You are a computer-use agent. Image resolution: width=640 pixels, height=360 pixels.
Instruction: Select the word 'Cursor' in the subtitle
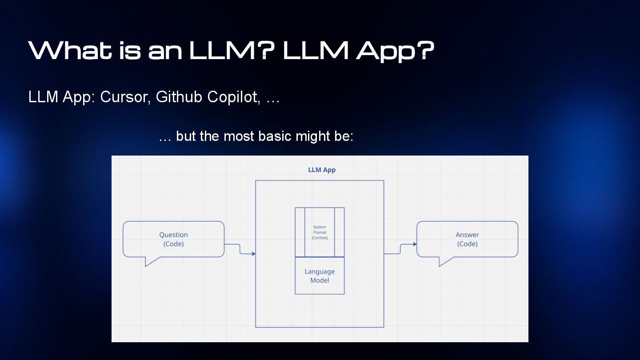pos(124,97)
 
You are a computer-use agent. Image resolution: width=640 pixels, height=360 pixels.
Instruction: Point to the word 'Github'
pos(179,97)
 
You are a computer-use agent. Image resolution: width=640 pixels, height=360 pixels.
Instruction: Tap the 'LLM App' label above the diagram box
pos(322,170)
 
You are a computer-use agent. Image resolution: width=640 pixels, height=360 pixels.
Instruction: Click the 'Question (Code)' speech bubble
pos(173,239)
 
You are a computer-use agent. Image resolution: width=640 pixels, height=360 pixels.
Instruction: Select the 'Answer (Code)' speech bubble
pos(467,239)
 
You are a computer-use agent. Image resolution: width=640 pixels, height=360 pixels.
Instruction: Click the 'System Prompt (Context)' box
pos(320,232)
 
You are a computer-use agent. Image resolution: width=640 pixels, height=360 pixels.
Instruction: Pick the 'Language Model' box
pos(320,276)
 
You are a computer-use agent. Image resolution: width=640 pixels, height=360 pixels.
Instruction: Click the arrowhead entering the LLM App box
pos(253,254)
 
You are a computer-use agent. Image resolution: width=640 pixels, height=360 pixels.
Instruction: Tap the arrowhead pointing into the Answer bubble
pos(415,244)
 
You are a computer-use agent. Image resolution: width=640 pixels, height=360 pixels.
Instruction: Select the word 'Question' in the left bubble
pos(173,235)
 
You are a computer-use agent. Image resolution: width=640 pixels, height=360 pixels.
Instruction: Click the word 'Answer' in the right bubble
pos(467,235)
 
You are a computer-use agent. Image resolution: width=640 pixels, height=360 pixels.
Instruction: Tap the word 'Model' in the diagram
pos(320,280)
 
